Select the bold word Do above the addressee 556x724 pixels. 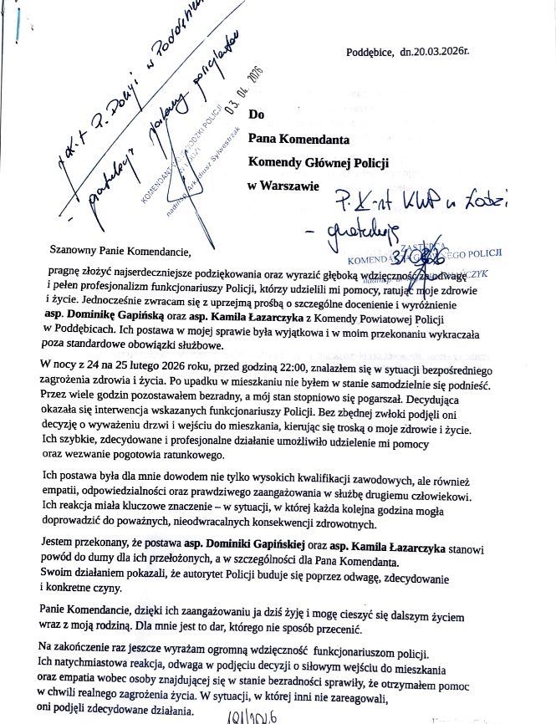[x=257, y=115]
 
